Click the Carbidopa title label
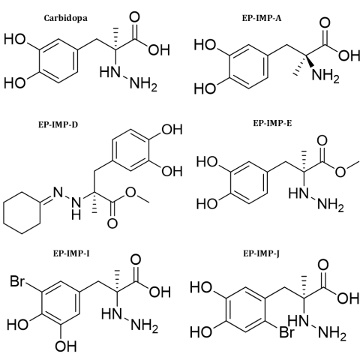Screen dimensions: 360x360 point(66,19)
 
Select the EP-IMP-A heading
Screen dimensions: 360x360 point(262,18)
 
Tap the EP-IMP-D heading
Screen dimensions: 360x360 point(58,124)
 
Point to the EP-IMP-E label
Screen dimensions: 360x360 point(272,123)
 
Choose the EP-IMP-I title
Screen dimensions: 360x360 point(71,253)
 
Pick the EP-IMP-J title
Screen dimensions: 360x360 point(262,253)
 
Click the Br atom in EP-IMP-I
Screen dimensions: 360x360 point(17,281)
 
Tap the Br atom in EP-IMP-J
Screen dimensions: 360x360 point(286,332)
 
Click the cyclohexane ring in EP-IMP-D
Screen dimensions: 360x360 point(22,213)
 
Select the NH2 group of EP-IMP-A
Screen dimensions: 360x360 point(326,75)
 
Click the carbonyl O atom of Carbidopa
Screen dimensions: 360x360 point(134,17)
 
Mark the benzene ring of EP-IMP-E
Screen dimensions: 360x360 point(245,182)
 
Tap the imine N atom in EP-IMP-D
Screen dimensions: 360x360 point(58,193)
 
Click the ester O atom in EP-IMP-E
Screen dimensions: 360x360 point(340,172)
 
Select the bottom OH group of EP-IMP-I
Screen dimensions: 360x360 point(66,346)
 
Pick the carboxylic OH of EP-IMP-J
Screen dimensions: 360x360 point(348,298)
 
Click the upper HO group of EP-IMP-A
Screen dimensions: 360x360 point(205,45)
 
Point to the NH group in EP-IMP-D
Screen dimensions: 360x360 point(76,207)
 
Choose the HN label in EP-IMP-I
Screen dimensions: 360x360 point(112,313)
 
